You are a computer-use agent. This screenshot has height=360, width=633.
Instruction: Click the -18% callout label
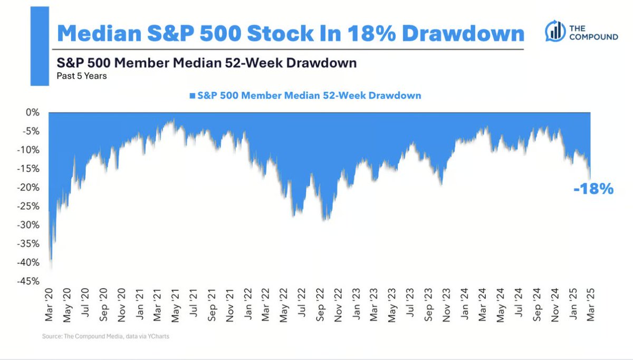coord(593,189)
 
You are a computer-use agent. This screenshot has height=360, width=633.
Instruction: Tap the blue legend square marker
coord(191,96)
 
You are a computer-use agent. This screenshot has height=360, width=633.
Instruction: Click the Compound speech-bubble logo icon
coord(554,31)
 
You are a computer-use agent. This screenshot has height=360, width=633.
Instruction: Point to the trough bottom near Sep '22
coord(327,220)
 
